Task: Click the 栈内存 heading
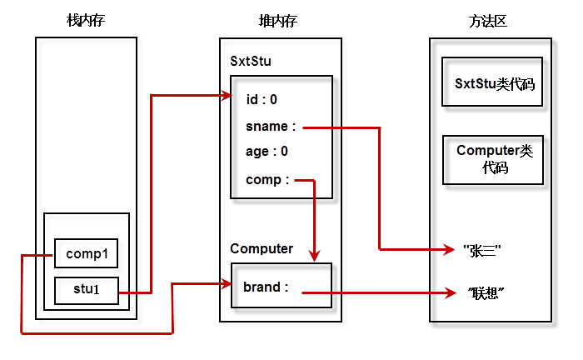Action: coord(87,20)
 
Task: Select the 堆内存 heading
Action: coord(279,20)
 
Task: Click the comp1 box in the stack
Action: coord(87,253)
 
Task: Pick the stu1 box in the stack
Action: coord(87,291)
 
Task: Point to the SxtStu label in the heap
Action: coord(251,61)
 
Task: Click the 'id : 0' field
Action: coord(262,100)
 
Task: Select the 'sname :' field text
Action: coord(271,127)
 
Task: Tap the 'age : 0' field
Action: coord(267,152)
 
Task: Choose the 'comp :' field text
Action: coord(267,179)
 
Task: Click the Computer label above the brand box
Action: coord(262,248)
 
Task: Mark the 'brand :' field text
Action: coord(266,287)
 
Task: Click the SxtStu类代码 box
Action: coord(493,83)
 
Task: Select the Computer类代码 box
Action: coord(493,159)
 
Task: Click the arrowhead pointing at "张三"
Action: coord(448,249)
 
